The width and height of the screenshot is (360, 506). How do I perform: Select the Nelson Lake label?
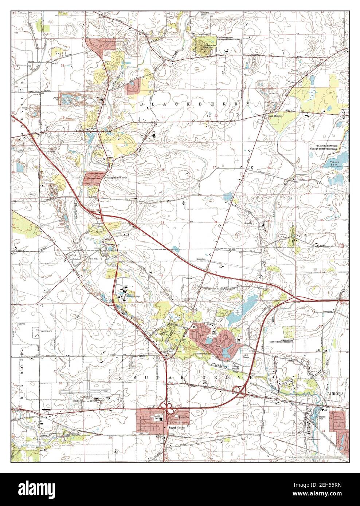tap(334, 163)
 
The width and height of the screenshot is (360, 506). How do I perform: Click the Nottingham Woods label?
tap(115, 177)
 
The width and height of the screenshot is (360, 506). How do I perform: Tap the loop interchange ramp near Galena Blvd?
tap(239, 390)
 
